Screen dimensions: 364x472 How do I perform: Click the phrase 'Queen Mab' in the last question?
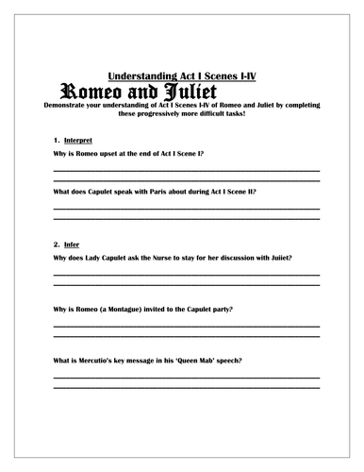pyautogui.click(x=215, y=362)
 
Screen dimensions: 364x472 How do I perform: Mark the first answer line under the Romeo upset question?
pyautogui.click(x=186, y=168)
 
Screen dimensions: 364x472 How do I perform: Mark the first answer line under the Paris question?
pyautogui.click(x=186, y=207)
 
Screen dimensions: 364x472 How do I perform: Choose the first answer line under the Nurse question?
pyautogui.click(x=186, y=273)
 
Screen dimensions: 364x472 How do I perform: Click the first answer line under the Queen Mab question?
pyautogui.click(x=186, y=378)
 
